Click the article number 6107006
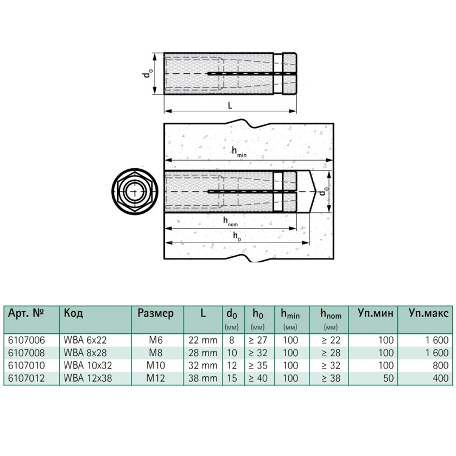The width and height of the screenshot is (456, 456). pos(27,340)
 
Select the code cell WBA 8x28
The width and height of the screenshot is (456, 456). pos(85,353)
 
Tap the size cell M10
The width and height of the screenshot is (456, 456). pos(156,365)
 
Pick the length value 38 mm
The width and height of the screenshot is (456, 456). pos(202,378)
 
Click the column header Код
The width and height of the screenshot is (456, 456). pos(73,313)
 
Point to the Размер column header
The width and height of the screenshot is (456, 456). pos(156,314)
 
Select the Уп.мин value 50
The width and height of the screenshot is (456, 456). pos(389,378)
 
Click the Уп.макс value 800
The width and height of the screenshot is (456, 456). pos(441,365)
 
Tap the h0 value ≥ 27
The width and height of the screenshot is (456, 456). pos(258,340)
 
